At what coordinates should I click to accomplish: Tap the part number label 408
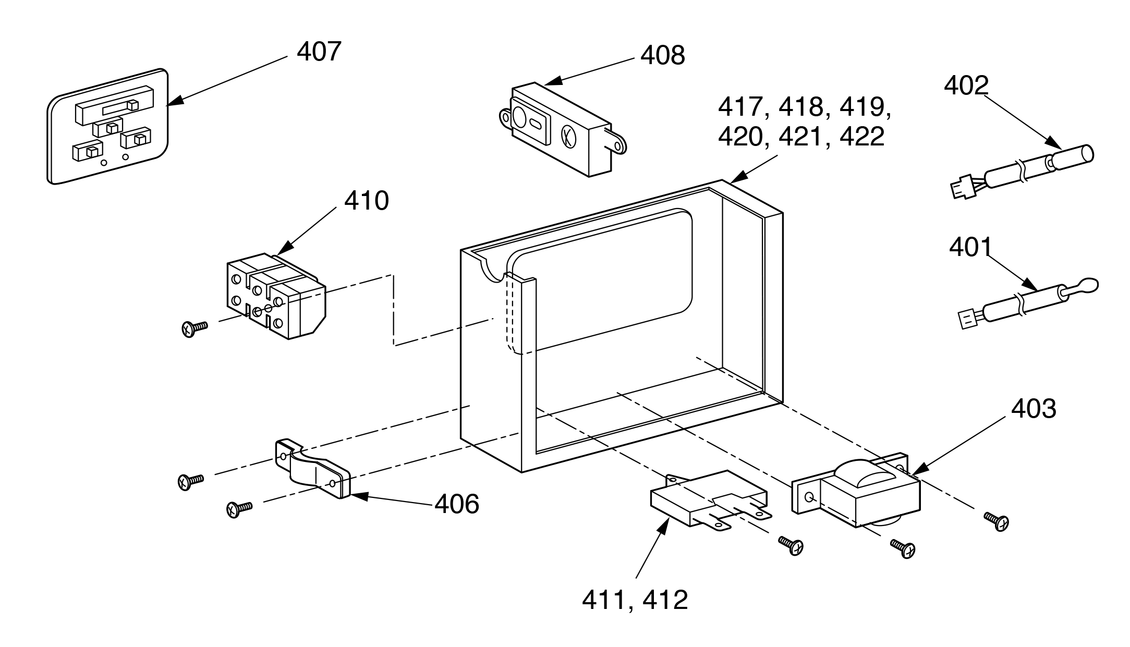tap(662, 56)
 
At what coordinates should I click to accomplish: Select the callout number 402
tap(966, 86)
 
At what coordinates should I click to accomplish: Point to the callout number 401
tap(970, 248)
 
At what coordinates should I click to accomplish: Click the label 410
tap(366, 201)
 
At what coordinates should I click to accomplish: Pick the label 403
tap(1034, 409)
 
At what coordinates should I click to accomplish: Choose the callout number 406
tap(456, 504)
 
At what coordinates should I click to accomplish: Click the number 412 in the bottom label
tap(665, 600)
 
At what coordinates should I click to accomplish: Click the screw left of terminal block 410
tap(193, 328)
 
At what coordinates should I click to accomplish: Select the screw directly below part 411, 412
tap(791, 545)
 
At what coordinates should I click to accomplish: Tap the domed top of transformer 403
tap(863, 473)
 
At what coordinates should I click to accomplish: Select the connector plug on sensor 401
tap(968, 319)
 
